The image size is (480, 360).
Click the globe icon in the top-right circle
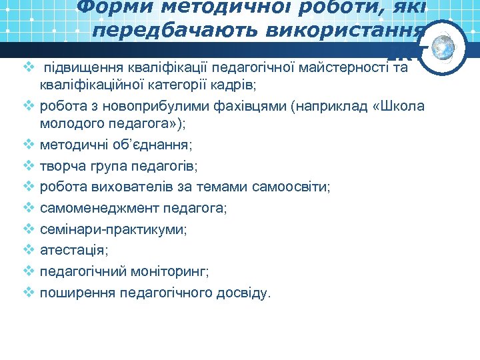click(442, 47)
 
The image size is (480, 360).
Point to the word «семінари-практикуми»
click(113, 230)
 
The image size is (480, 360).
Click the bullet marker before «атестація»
click(28, 251)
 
